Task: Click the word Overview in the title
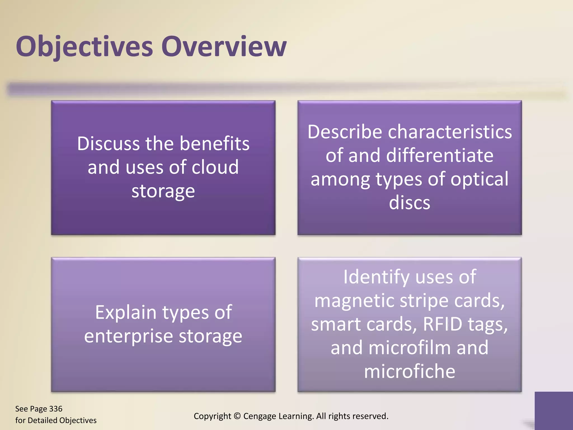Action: click(x=224, y=46)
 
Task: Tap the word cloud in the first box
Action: click(x=215, y=167)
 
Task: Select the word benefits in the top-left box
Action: click(x=214, y=143)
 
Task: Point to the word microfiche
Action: click(x=409, y=371)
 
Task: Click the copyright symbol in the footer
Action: click(x=237, y=416)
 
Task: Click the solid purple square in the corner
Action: click(x=553, y=410)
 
